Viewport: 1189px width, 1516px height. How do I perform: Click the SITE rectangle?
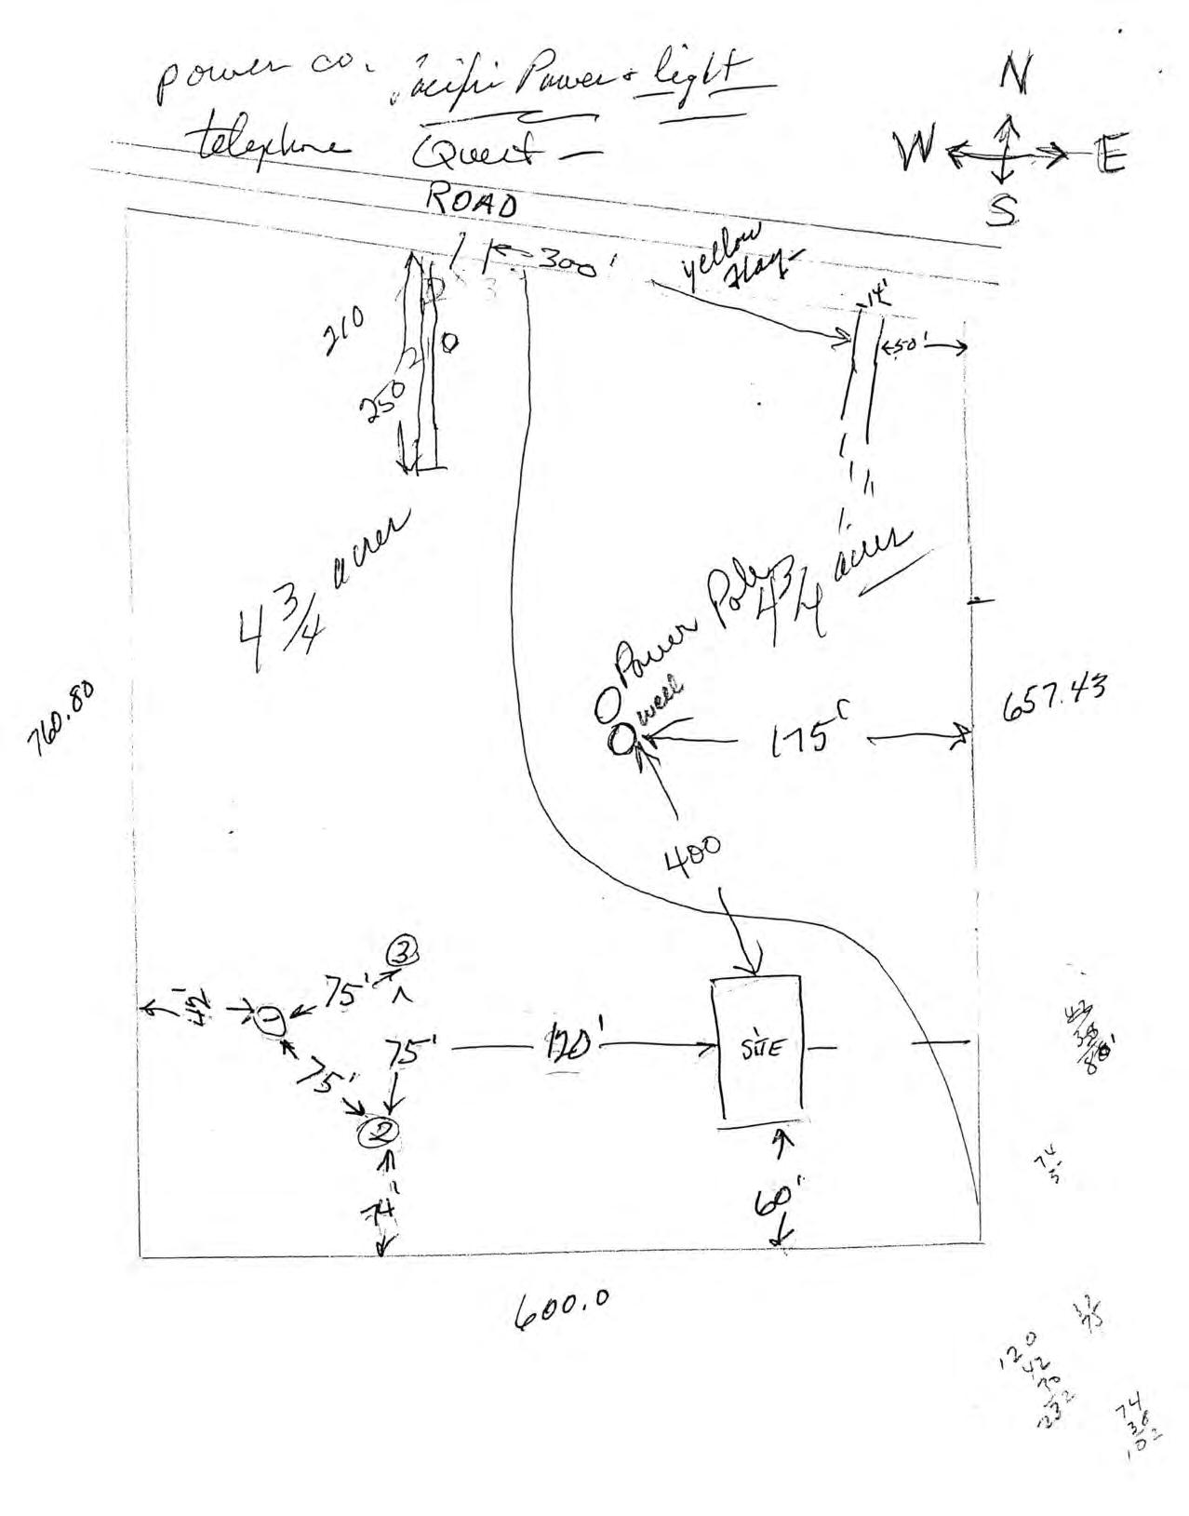click(x=755, y=1048)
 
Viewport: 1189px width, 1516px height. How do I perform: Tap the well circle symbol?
click(x=621, y=740)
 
